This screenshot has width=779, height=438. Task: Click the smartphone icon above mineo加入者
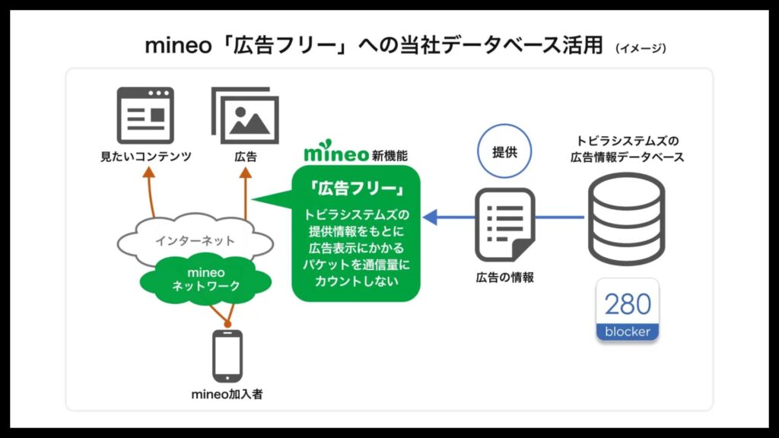[227, 356]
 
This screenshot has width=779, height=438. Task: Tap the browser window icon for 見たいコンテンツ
[145, 116]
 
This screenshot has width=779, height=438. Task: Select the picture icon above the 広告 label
[245, 116]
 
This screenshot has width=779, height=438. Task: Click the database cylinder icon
[627, 219]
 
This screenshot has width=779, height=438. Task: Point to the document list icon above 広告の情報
[505, 224]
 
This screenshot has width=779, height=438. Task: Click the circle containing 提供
[504, 151]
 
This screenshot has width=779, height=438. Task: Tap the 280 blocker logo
[628, 310]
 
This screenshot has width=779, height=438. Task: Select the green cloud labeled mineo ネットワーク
[205, 280]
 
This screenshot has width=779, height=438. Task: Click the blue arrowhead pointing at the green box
[431, 217]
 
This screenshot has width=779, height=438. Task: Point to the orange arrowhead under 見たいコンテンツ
[148, 173]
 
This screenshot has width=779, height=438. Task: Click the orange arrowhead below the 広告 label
[246, 173]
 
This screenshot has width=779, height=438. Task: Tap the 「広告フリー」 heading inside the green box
[356, 189]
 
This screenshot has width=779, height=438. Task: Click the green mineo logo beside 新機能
[335, 151]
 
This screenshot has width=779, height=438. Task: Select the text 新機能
[389, 155]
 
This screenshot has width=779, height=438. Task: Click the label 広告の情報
[505, 277]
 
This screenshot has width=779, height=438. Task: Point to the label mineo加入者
[227, 395]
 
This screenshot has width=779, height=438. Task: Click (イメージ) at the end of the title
[641, 48]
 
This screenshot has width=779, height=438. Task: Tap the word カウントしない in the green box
[356, 281]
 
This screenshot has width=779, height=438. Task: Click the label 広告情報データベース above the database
[627, 157]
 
